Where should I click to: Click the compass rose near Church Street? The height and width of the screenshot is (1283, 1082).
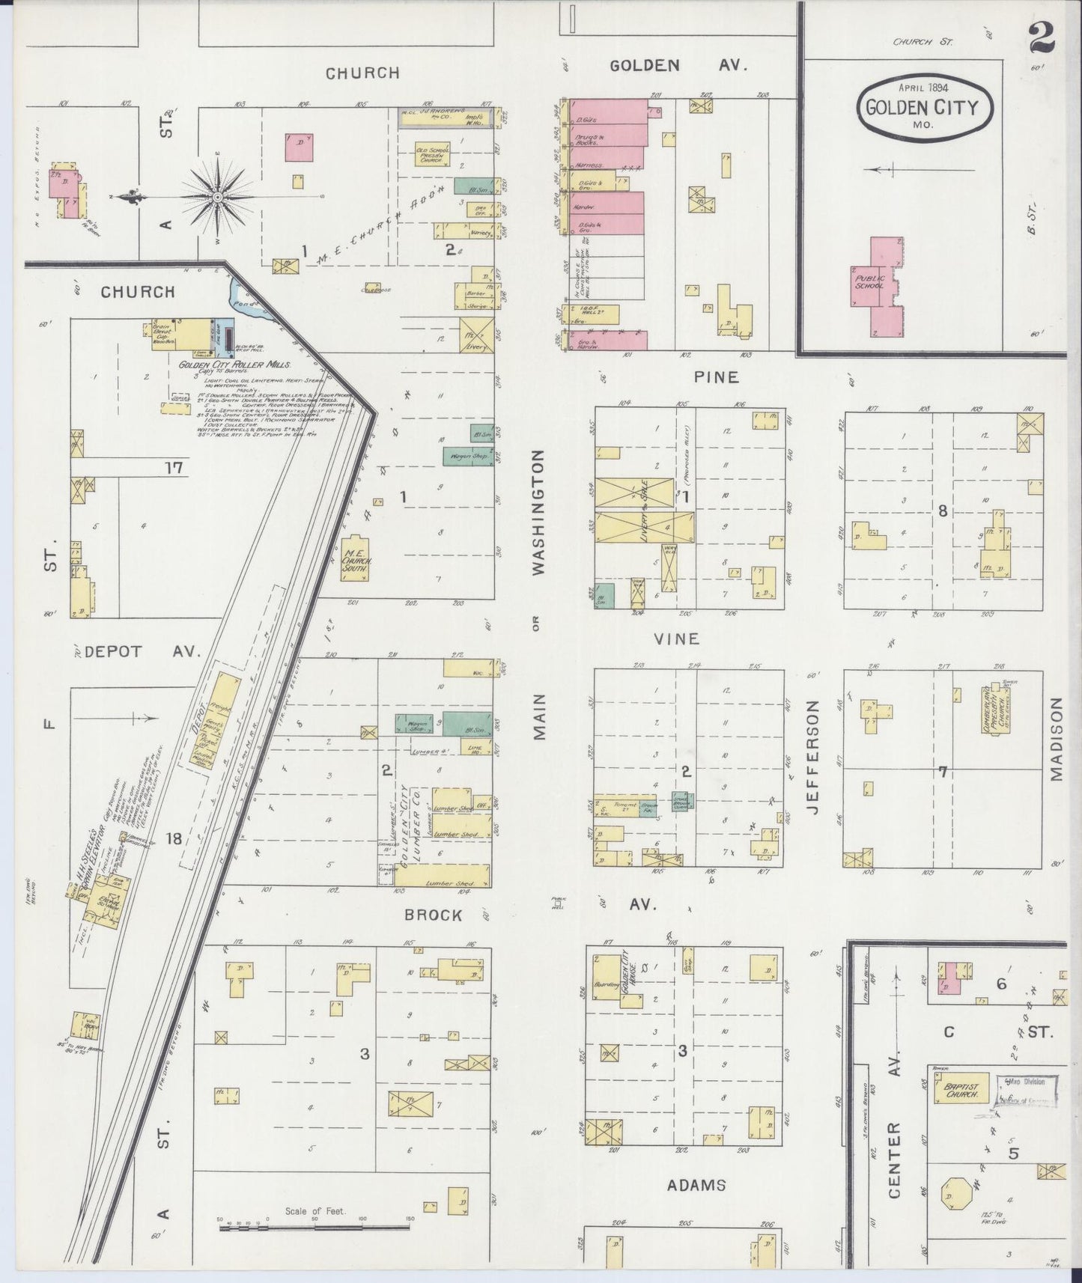point(217,197)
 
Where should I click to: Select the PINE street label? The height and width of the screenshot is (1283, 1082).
point(715,377)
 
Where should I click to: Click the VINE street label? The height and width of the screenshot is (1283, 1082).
point(676,639)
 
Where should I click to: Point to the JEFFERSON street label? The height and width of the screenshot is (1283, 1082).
point(815,757)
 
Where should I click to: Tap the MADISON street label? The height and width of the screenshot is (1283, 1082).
point(1056,740)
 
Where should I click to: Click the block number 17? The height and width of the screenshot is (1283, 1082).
point(174,469)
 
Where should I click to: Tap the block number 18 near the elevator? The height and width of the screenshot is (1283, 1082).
point(174,839)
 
